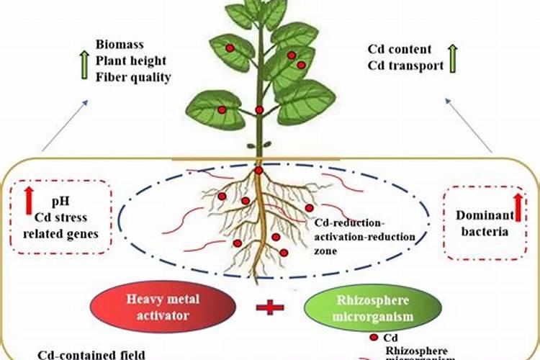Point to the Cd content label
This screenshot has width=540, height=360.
point(400,50)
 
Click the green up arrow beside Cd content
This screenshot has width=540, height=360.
point(452,58)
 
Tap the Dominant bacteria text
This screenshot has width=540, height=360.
point(484,223)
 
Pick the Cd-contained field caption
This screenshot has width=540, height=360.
point(92,354)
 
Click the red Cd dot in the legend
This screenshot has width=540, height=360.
point(374,338)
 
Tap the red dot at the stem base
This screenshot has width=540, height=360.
point(258,171)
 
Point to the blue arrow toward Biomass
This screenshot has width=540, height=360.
point(66,125)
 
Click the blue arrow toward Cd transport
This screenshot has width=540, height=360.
point(469,125)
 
